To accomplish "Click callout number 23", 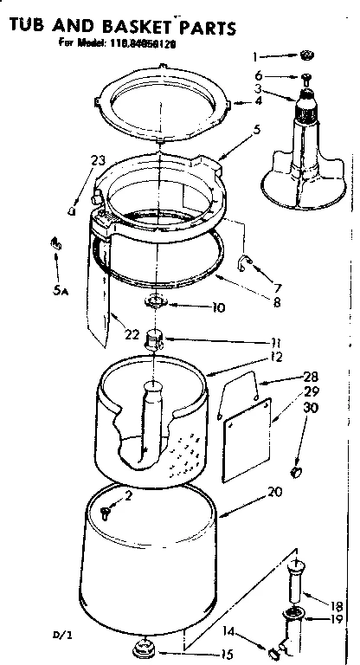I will (98, 159).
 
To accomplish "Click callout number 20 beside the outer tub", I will (276, 491).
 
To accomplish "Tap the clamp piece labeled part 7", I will (247, 261).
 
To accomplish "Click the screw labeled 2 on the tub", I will (106, 511).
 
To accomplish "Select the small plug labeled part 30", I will (296, 471).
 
